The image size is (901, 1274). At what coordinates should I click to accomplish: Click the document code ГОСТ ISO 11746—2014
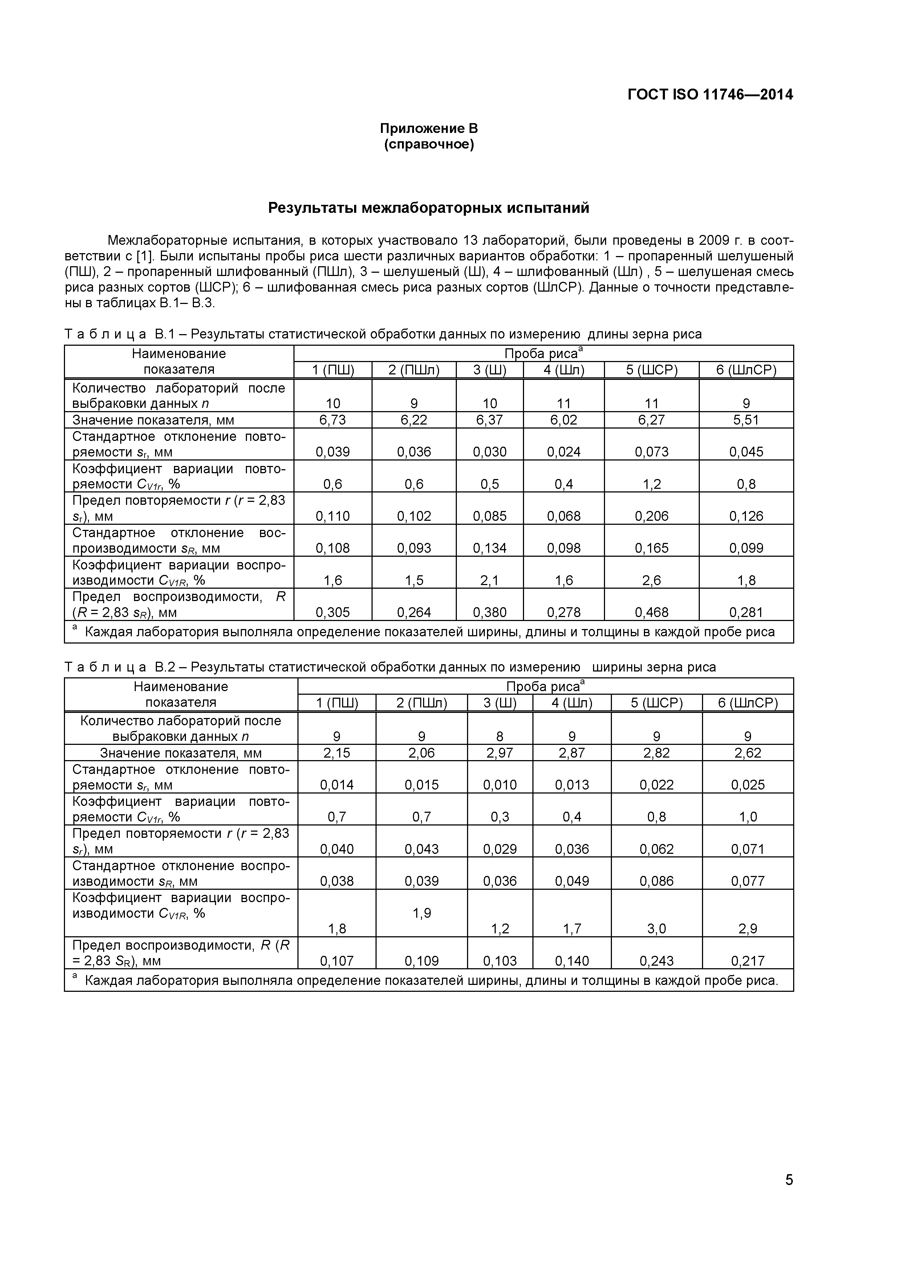click(x=710, y=95)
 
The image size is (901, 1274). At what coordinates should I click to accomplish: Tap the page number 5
click(x=788, y=1195)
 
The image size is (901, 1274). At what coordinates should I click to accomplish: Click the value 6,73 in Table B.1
click(x=332, y=420)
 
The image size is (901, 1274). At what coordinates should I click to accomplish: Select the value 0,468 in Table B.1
click(x=652, y=613)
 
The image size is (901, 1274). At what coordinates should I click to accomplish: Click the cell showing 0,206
click(x=652, y=516)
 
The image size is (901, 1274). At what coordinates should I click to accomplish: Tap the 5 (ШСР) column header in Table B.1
click(x=652, y=370)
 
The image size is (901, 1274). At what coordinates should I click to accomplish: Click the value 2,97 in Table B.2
click(x=499, y=753)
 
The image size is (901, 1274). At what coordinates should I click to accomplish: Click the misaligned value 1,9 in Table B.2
click(x=422, y=913)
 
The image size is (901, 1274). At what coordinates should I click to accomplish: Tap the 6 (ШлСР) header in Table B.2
click(x=747, y=703)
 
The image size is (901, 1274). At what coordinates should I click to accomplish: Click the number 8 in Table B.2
click(x=499, y=737)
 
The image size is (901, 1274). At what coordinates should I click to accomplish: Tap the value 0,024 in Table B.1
click(x=563, y=452)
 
